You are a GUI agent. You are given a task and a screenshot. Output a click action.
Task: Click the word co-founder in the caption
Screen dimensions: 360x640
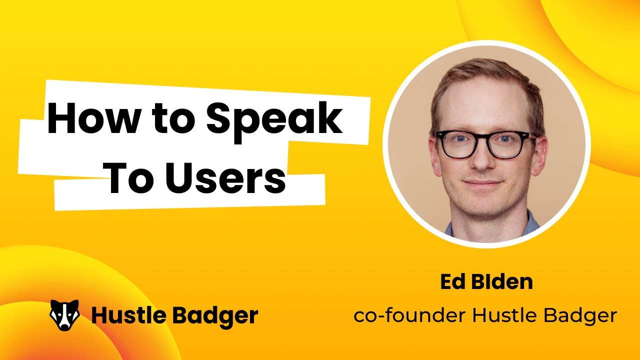(x=410, y=315)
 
